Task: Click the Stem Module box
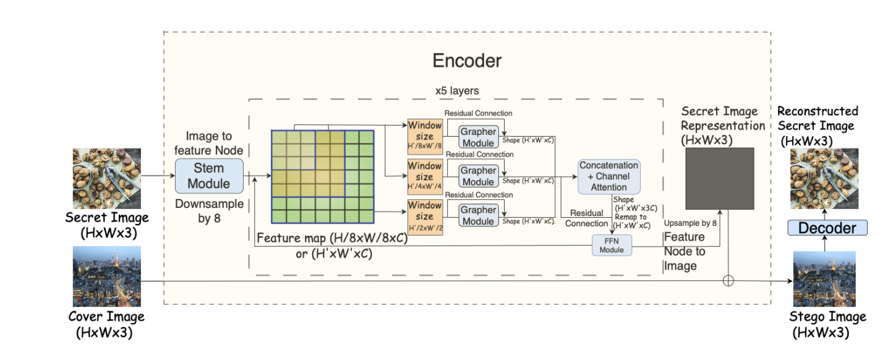[x=209, y=176]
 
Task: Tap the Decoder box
[x=827, y=228]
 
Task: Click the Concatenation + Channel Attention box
[x=608, y=176]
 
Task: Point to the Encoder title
[x=467, y=61]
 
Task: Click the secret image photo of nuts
[x=107, y=178]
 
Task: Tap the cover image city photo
[x=107, y=276]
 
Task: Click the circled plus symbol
[x=728, y=281]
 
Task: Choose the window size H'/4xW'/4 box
[x=424, y=176]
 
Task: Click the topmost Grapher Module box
[x=478, y=136]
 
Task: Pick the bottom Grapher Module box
[x=478, y=215]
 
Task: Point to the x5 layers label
[x=458, y=91]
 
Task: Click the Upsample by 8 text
[x=690, y=223]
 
